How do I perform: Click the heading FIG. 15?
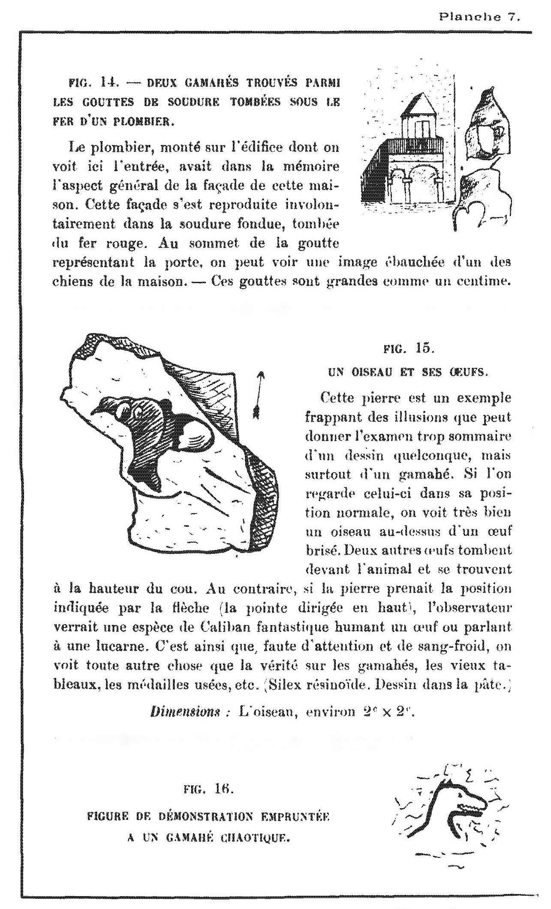point(409,349)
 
